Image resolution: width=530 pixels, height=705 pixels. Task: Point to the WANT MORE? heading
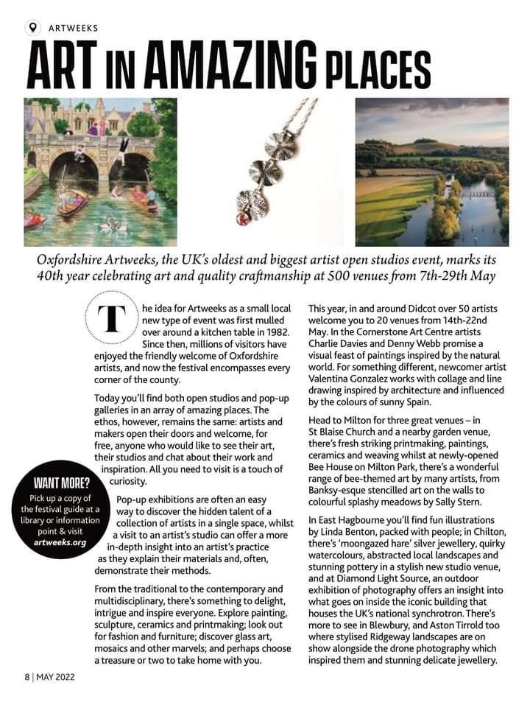[x=62, y=484]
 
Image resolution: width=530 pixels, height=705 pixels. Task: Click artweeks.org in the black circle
[x=60, y=542]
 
